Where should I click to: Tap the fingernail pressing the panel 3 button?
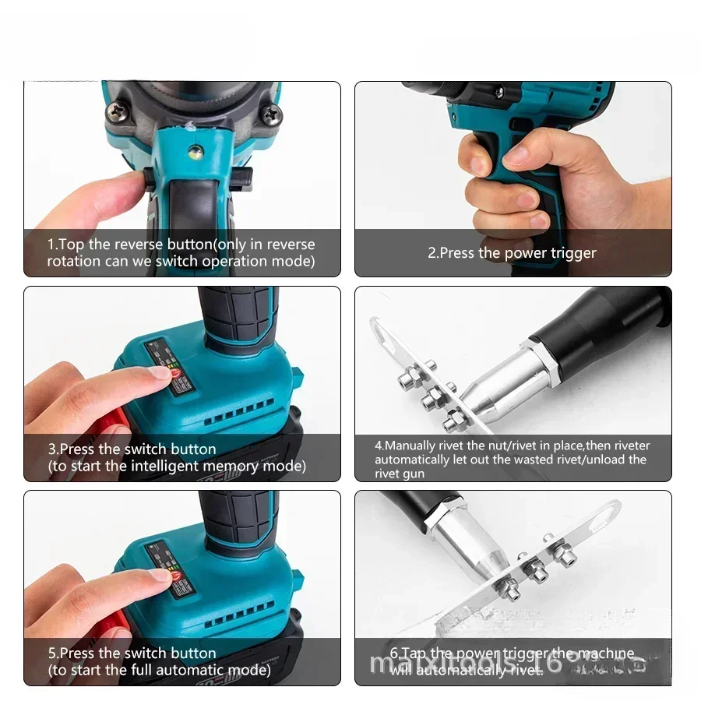click(160, 372)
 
